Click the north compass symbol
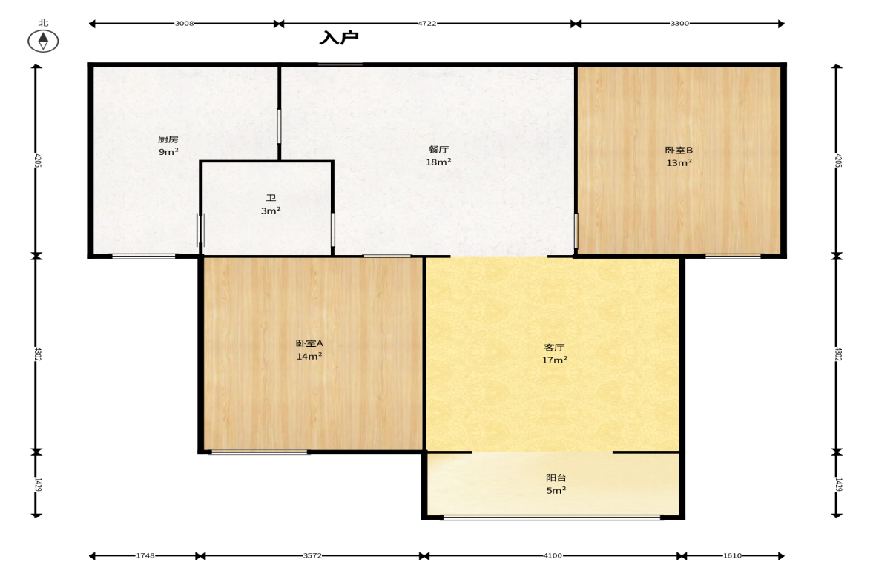(x=43, y=42)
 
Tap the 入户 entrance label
(x=339, y=38)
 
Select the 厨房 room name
(x=168, y=139)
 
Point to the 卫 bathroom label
(x=271, y=198)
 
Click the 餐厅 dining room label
(x=439, y=149)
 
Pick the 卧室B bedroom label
(x=679, y=151)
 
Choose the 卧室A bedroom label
(x=309, y=343)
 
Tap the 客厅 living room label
(x=555, y=347)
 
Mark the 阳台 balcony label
(x=556, y=477)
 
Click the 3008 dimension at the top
(x=184, y=24)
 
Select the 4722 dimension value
(x=427, y=24)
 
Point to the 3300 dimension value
(x=679, y=24)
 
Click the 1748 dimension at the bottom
(x=145, y=555)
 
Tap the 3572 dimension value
(x=312, y=555)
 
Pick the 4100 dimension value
(x=553, y=555)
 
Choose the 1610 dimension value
(x=732, y=555)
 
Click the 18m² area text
(x=439, y=162)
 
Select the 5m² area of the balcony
(x=556, y=490)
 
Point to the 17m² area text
(x=555, y=360)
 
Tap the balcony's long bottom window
(x=553, y=517)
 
